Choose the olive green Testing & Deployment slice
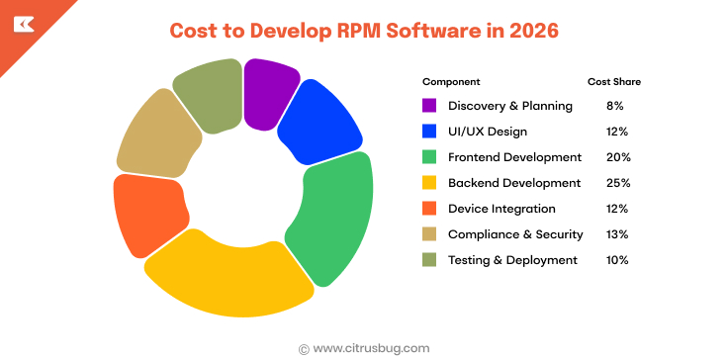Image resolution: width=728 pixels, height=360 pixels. tap(209, 95)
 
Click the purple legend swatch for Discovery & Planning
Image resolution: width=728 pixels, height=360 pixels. tap(429, 106)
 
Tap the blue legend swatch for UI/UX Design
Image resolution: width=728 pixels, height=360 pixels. tap(429, 132)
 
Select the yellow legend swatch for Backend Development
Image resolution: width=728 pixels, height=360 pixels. tap(429, 183)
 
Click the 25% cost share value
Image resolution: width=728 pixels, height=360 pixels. tap(618, 183)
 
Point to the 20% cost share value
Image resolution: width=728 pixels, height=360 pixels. tap(618, 157)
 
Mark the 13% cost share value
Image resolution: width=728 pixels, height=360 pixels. tap(618, 234)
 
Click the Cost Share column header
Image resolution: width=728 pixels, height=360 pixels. tap(613, 80)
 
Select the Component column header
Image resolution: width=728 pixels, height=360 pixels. tap(451, 80)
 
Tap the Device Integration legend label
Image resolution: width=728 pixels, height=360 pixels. tap(501, 209)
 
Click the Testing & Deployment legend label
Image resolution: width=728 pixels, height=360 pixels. tap(512, 260)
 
